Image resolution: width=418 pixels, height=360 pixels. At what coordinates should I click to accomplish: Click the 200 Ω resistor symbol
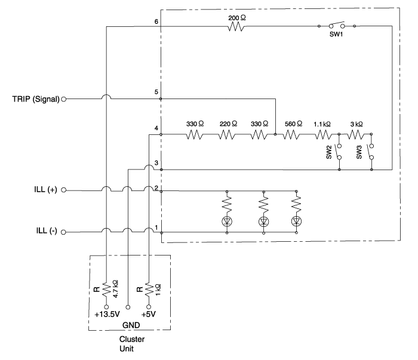236,27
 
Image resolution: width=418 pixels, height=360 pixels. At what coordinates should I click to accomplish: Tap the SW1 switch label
336,35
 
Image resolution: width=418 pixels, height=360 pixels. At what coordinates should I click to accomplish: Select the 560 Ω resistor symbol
291,134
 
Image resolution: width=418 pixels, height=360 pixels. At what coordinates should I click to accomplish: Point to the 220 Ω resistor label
228,124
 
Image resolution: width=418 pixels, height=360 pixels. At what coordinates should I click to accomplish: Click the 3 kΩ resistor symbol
355,134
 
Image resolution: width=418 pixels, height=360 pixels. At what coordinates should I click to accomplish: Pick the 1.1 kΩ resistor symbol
323,134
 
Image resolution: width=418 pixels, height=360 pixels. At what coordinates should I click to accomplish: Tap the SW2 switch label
329,152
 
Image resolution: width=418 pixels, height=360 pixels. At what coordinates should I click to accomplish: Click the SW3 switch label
359,152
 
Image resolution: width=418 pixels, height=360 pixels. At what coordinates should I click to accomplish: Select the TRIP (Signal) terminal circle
64,99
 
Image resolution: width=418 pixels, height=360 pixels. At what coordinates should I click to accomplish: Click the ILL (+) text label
45,189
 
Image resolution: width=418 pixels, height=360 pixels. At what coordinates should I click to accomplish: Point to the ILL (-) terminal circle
63,232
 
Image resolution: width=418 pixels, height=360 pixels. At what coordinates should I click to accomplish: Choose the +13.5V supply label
107,315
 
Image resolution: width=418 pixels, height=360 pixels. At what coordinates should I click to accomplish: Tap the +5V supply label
149,315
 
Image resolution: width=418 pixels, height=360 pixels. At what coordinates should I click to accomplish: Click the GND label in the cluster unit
131,325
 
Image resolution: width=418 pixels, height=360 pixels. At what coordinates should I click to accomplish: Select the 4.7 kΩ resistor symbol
106,290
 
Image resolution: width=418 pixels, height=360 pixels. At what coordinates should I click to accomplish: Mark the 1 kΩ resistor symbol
149,290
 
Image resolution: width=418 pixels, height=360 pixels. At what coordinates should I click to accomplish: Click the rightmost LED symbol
296,221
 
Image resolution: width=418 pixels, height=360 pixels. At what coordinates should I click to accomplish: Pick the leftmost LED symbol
227,221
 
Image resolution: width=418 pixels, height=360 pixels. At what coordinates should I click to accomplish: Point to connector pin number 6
156,21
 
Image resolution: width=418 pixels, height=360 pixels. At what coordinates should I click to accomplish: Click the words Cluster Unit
132,344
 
